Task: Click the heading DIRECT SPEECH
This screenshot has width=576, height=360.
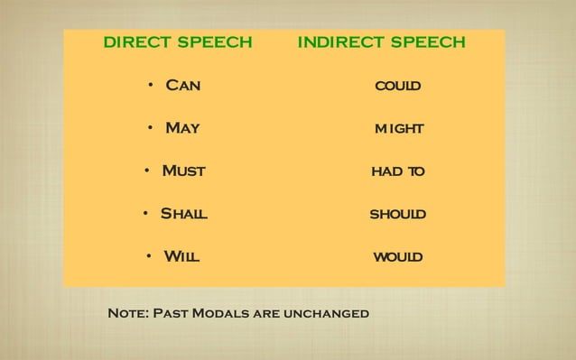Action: (x=177, y=42)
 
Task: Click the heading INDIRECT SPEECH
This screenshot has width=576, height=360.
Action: (x=381, y=42)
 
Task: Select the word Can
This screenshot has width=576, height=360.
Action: (x=182, y=86)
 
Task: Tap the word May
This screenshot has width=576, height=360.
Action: (x=182, y=128)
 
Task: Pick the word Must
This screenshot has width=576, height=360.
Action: (x=183, y=171)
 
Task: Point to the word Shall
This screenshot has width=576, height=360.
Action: (x=183, y=214)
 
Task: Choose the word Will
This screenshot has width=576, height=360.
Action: (x=181, y=257)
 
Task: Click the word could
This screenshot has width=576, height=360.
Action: (x=398, y=87)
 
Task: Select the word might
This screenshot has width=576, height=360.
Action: (x=398, y=129)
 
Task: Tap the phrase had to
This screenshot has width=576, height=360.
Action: (x=398, y=171)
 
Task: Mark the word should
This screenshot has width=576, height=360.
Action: (x=398, y=215)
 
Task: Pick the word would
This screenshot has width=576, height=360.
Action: (x=398, y=258)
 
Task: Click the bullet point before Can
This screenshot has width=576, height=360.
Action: (x=152, y=86)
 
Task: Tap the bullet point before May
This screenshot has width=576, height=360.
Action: (x=151, y=128)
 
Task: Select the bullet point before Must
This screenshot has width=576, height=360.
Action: (x=147, y=171)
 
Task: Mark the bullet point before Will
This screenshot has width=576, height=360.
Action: (x=148, y=257)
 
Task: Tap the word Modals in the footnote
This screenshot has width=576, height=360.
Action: (x=222, y=314)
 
